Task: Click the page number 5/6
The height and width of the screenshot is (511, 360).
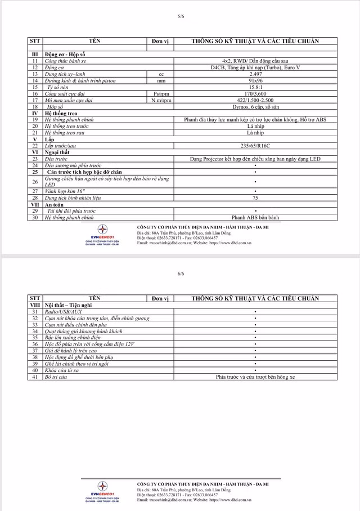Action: click(x=181, y=16)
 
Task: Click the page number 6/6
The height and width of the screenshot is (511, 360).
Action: click(x=181, y=274)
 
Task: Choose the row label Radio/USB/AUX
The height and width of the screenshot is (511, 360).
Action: click(x=64, y=311)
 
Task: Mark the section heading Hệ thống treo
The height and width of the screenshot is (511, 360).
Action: click(x=61, y=113)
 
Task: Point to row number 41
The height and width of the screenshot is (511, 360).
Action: click(x=35, y=377)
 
